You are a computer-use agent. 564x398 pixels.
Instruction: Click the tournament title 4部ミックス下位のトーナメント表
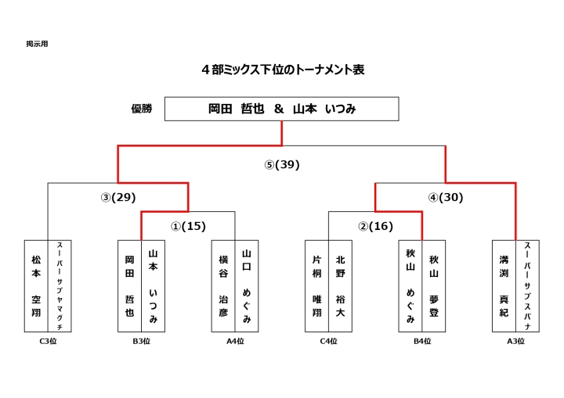point(283,70)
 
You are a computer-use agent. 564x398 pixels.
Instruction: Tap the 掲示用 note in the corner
point(37,44)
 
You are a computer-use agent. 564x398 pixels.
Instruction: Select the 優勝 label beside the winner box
point(142,109)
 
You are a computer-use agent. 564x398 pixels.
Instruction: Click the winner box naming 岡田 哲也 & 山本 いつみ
point(282,109)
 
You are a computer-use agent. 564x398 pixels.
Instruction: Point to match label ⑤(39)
point(282,164)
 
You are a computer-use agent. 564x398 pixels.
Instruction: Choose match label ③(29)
point(118,197)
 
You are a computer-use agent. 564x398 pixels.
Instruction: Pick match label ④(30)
point(446,197)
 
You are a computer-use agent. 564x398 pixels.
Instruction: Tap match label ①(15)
point(188,226)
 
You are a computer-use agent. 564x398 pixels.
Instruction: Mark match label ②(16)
point(375,226)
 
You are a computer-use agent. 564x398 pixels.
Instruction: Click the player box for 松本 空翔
point(36,286)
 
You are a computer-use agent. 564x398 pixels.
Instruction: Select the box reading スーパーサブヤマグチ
point(60,286)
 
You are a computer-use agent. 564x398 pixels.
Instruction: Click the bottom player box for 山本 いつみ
point(154,286)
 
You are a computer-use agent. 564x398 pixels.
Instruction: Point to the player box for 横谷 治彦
point(223,286)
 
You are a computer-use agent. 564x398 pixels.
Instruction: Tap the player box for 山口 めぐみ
point(247,286)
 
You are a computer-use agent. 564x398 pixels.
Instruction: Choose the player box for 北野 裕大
point(340,286)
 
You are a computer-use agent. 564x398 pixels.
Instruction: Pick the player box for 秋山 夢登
point(434,286)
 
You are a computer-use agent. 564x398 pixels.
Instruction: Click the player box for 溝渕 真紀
point(504,286)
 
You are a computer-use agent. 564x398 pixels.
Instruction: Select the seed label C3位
point(48,341)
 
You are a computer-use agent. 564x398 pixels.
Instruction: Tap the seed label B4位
point(422,341)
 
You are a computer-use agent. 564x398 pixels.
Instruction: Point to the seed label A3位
point(515,341)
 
